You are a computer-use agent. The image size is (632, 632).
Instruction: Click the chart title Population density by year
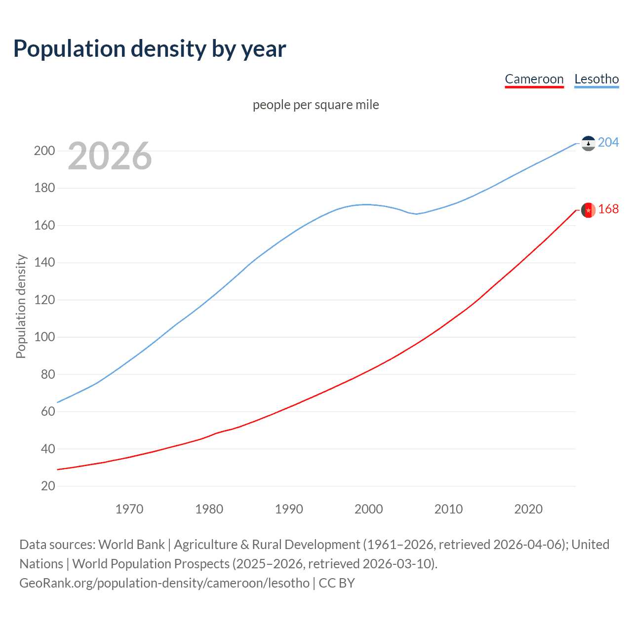pyautogui.click(x=150, y=49)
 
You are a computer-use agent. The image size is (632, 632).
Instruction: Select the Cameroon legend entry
pyautogui.click(x=534, y=79)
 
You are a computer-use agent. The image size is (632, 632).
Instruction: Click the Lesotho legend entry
pyautogui.click(x=596, y=79)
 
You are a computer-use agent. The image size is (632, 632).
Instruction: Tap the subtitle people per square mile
pyautogui.click(x=316, y=105)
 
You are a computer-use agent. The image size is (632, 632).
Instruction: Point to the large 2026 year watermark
pyautogui.click(x=110, y=156)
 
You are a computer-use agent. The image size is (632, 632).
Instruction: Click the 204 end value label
pyautogui.click(x=608, y=142)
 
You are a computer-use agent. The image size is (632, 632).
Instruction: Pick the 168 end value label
pyautogui.click(x=608, y=209)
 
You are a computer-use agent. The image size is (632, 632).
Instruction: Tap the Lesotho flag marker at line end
pyautogui.click(x=588, y=143)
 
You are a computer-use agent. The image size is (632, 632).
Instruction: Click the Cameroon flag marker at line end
pyautogui.click(x=588, y=210)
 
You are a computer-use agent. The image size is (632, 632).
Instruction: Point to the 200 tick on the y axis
pyautogui.click(x=44, y=151)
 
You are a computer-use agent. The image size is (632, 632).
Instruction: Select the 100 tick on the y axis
pyautogui.click(x=44, y=337)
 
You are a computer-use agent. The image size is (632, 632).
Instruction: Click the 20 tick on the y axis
pyautogui.click(x=48, y=486)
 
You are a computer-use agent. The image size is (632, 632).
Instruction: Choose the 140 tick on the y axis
pyautogui.click(x=44, y=263)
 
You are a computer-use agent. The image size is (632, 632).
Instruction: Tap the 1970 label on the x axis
pyautogui.click(x=129, y=509)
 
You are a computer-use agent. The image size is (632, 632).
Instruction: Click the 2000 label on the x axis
pyautogui.click(x=369, y=509)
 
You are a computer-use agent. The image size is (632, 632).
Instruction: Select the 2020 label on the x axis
pyautogui.click(x=528, y=509)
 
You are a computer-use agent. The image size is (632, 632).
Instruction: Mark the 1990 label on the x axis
pyautogui.click(x=289, y=509)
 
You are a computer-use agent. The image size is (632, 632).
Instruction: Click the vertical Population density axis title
pyautogui.click(x=21, y=306)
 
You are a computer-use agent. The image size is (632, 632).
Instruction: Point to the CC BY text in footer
pyautogui.click(x=337, y=583)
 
